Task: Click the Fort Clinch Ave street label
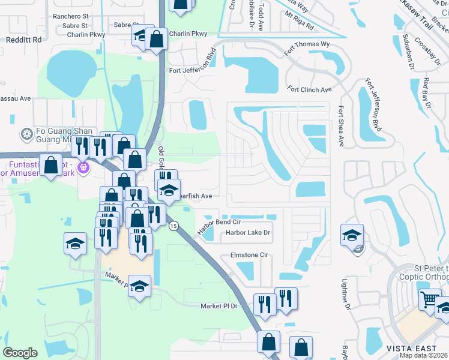point(309,89)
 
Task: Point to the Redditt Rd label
point(23,40)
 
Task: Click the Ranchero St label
point(70,16)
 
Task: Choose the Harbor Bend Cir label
point(219,223)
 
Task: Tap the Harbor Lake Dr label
point(248,232)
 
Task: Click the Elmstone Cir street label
point(249,255)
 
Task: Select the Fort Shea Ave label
point(340,126)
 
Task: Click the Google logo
point(20,352)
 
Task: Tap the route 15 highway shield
point(173,226)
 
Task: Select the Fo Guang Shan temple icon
point(26,133)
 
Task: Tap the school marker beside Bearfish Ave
point(169,190)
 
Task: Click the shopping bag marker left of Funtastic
point(51,164)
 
